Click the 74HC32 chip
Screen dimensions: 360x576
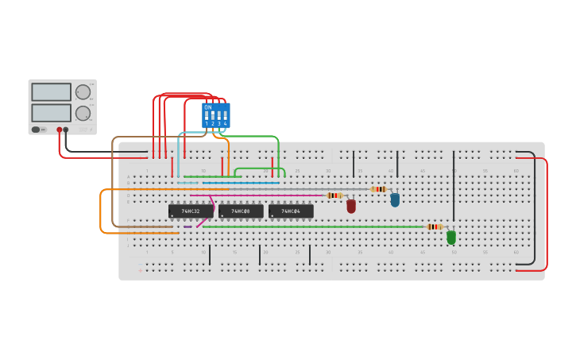coord(191,211)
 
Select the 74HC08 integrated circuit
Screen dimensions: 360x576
coord(241,211)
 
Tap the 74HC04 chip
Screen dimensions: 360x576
coord(291,211)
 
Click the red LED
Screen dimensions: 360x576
coord(351,206)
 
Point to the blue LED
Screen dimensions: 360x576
coord(395,199)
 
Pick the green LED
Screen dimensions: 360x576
coord(451,237)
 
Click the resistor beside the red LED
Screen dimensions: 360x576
coord(334,195)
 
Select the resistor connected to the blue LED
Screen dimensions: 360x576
coord(379,189)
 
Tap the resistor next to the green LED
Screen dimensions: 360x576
coord(434,226)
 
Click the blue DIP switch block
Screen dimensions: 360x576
coord(216,115)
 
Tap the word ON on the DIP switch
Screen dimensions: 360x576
coord(208,107)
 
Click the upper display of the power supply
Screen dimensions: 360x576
coord(52,92)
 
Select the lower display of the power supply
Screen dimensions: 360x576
coord(52,113)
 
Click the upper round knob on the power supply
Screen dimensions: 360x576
coord(83,92)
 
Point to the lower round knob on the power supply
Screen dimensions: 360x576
coord(83,114)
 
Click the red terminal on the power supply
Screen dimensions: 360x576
coord(59,130)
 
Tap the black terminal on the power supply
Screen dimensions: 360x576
coord(66,130)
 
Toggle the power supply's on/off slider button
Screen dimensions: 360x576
coord(36,130)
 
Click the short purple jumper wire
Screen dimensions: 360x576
coord(187,226)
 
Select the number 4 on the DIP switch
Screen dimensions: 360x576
coord(226,124)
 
